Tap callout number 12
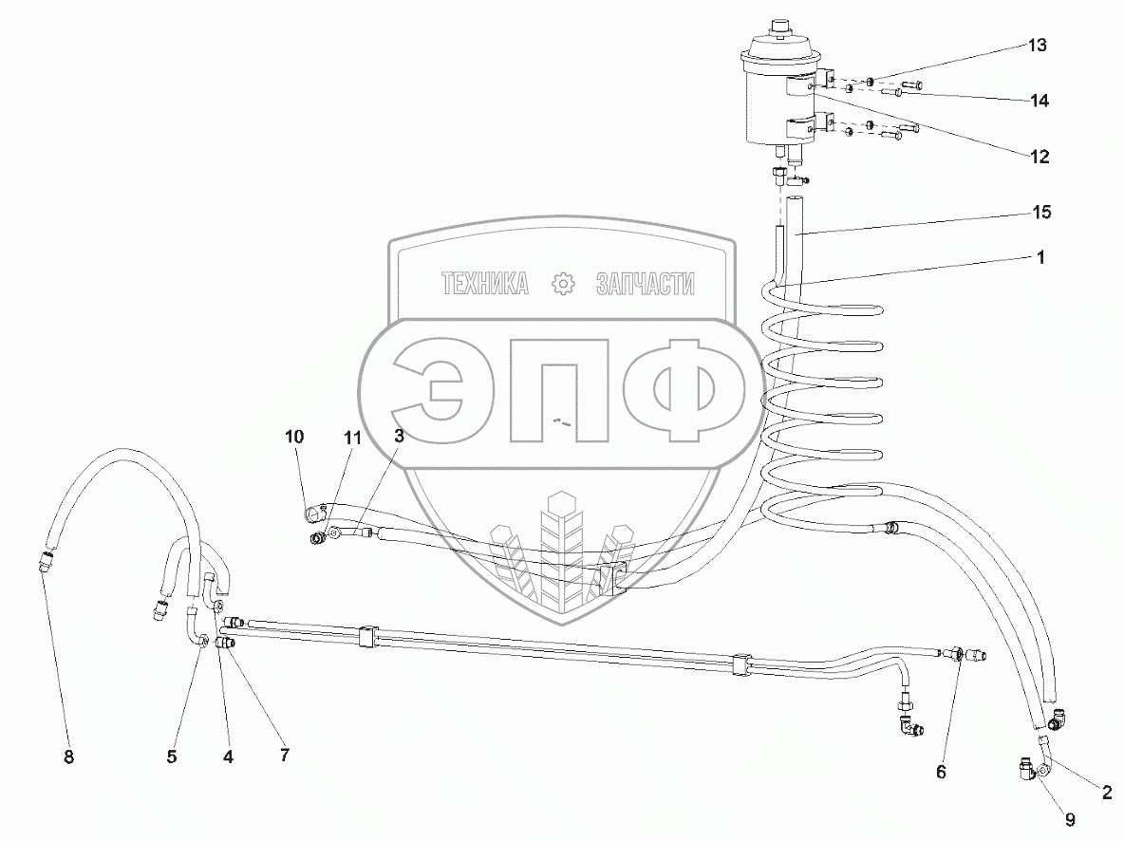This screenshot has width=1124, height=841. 1039,158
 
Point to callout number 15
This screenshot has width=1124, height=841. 1040,212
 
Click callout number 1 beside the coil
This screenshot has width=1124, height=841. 1040,257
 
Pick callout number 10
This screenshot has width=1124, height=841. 294,437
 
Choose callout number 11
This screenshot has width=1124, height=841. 353,438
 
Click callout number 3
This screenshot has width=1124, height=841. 399,437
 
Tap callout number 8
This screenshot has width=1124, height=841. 68,757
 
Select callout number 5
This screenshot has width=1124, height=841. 172,757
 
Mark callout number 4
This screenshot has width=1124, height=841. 228,757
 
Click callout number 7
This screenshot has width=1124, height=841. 284,755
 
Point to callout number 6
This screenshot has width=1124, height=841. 941,772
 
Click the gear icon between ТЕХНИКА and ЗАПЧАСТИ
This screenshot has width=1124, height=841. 563,283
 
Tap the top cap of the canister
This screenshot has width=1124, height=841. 782,26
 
